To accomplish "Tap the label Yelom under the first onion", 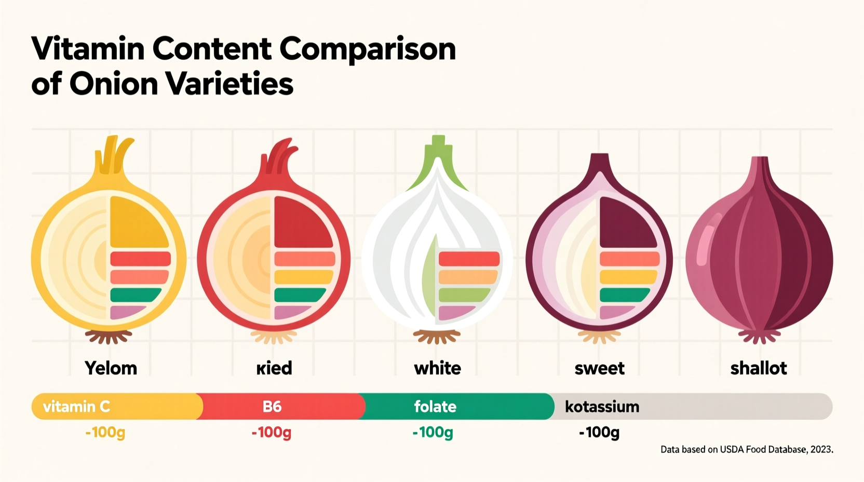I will click(111, 368).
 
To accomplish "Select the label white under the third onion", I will click(437, 368).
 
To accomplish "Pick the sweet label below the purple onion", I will click(599, 368).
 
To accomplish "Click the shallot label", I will click(758, 368).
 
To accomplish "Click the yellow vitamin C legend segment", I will click(117, 406).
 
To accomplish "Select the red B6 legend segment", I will click(280, 406).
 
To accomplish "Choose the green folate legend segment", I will click(457, 406).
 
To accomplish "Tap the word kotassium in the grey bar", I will click(602, 406).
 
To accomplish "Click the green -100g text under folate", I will click(433, 432).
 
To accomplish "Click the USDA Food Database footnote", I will click(746, 449).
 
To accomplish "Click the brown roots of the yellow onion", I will click(109, 337).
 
